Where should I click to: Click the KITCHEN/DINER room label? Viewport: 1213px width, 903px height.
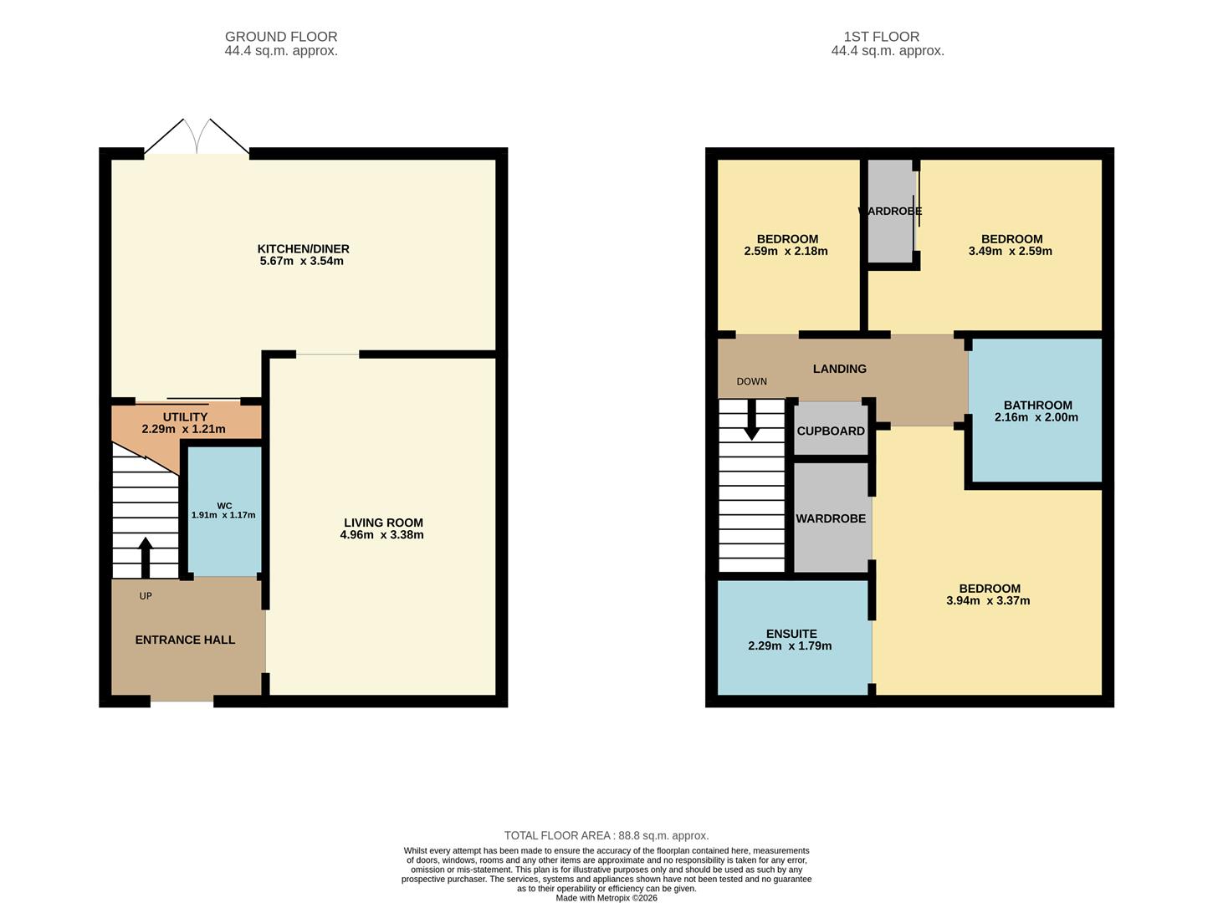point(303,248)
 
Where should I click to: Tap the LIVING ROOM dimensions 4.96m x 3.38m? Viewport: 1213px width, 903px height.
point(381,535)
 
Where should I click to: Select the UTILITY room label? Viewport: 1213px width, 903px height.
point(185,417)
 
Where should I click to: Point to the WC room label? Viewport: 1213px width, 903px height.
point(224,506)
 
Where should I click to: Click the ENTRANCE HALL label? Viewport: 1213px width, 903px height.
point(185,640)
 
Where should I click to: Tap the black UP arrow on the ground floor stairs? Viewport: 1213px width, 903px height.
point(146,557)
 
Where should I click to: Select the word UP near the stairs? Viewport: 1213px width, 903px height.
point(146,596)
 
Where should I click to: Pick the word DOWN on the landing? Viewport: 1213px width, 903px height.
point(751,381)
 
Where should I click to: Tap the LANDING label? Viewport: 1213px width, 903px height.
point(839,369)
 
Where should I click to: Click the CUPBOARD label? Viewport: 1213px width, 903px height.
point(831,431)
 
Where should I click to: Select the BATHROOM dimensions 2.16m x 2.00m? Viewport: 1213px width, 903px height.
point(1036,417)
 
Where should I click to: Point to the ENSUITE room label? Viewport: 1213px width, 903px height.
point(791,634)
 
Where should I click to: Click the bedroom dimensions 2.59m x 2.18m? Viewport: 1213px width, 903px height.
point(786,251)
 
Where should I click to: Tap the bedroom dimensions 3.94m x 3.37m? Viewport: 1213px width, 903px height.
point(988,600)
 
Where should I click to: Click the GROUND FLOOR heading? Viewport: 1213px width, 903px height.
point(281,37)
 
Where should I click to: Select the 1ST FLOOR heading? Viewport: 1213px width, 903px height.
point(887,37)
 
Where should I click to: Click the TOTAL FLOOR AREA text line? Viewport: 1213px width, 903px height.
point(606,835)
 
